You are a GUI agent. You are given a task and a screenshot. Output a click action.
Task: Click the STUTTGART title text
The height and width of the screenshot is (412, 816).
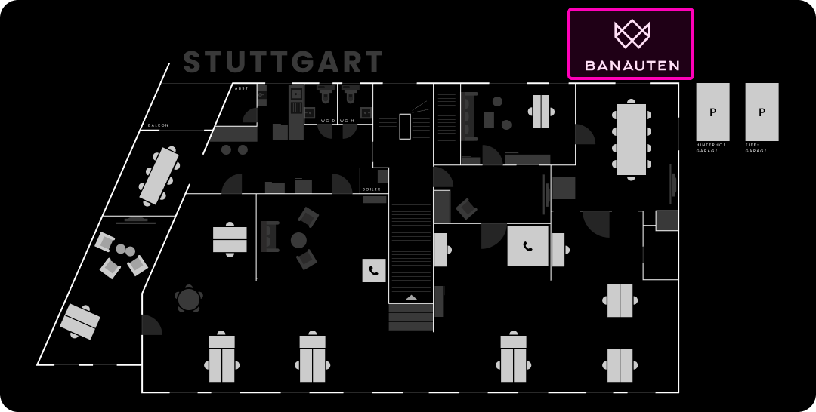pyautogui.click(x=283, y=63)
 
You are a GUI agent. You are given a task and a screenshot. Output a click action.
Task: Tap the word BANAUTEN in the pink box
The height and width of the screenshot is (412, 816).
pyautogui.click(x=632, y=66)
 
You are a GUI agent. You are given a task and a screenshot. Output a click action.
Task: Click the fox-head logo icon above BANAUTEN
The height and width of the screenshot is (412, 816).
pyautogui.click(x=632, y=33)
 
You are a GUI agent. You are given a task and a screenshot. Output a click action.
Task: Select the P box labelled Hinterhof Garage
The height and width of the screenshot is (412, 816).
pyautogui.click(x=712, y=112)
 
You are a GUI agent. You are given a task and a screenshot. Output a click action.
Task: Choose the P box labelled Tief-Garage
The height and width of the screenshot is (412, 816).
pyautogui.click(x=762, y=112)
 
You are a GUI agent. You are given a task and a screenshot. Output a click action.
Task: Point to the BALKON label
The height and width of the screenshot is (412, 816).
pyautogui.click(x=158, y=125)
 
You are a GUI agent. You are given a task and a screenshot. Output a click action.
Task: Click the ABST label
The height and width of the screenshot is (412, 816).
pyautogui.click(x=241, y=88)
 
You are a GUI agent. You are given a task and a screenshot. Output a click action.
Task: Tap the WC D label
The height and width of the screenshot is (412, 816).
pyautogui.click(x=327, y=121)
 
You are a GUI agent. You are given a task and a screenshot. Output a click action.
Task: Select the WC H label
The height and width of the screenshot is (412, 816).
pyautogui.click(x=347, y=121)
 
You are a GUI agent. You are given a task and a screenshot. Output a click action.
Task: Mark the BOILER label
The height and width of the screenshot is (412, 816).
pyautogui.click(x=372, y=189)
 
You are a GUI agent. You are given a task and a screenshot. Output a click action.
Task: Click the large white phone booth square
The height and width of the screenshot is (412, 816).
pyautogui.click(x=527, y=246)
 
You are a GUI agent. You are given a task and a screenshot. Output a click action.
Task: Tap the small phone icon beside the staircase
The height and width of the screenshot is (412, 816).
pyautogui.click(x=373, y=270)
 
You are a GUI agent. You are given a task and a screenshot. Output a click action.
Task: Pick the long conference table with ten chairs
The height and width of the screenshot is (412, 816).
pyautogui.click(x=632, y=140)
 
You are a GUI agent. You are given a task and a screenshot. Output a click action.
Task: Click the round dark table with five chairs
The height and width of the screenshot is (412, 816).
pyautogui.click(x=188, y=300)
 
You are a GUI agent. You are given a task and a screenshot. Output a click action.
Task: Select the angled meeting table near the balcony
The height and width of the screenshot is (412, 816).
pyautogui.click(x=159, y=176)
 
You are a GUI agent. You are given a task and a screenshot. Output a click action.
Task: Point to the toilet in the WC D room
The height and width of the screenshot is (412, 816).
pyautogui.click(x=326, y=95)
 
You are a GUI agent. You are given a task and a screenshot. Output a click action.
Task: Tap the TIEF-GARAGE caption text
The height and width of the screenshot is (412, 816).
pyautogui.click(x=756, y=147)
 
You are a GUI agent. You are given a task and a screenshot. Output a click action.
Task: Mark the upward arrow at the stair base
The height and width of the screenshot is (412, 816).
pyautogui.click(x=411, y=297)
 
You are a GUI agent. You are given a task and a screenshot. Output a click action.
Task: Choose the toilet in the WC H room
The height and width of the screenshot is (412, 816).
pyautogui.click(x=350, y=95)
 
